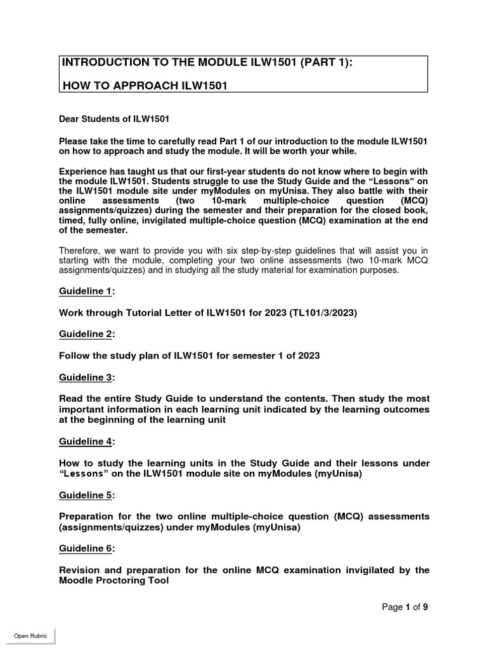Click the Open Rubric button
(30, 636)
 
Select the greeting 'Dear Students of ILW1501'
(114, 118)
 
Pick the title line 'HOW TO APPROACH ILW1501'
(143, 86)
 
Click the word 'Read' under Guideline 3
(71, 399)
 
